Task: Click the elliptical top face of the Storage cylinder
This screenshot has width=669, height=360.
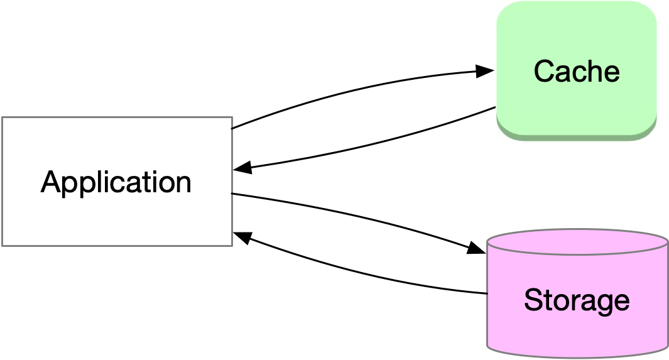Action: coord(577,243)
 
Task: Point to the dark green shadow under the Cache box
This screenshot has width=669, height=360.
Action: coord(576,136)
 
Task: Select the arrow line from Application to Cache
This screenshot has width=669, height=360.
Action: coord(352,89)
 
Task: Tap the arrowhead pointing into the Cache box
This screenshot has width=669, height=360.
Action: coord(485,71)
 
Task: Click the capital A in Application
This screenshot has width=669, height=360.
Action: coord(52,182)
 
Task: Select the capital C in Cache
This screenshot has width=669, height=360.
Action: coord(544,71)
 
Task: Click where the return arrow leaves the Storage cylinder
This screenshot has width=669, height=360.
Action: coord(487,293)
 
